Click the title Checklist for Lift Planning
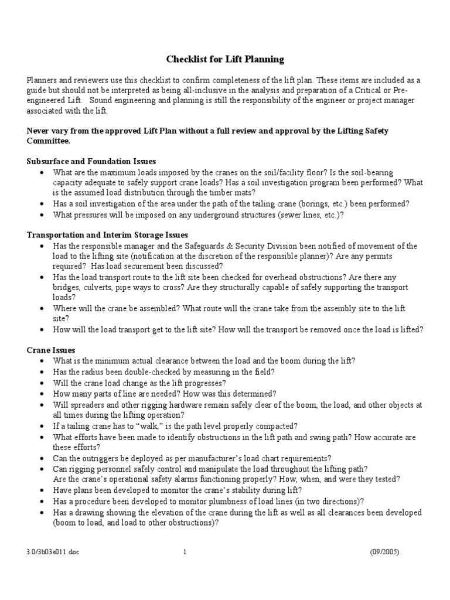click(225, 59)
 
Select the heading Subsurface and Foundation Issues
click(91, 161)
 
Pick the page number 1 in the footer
click(185, 551)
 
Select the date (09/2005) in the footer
click(384, 551)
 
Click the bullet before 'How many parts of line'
click(40, 394)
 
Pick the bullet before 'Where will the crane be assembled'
click(40, 308)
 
